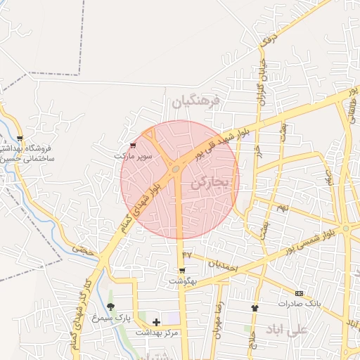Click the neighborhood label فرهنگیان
pos(196,101)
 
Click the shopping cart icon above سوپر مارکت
pos(134,145)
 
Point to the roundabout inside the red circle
pos(174,169)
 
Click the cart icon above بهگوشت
pos(182,271)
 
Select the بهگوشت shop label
pos(182,281)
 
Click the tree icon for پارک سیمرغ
pos(110,307)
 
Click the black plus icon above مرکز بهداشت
pos(156,322)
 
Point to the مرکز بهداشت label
pos(159,333)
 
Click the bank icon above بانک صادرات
pos(299,293)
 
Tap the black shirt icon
pos(255,308)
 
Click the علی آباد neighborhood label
pos(288,329)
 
